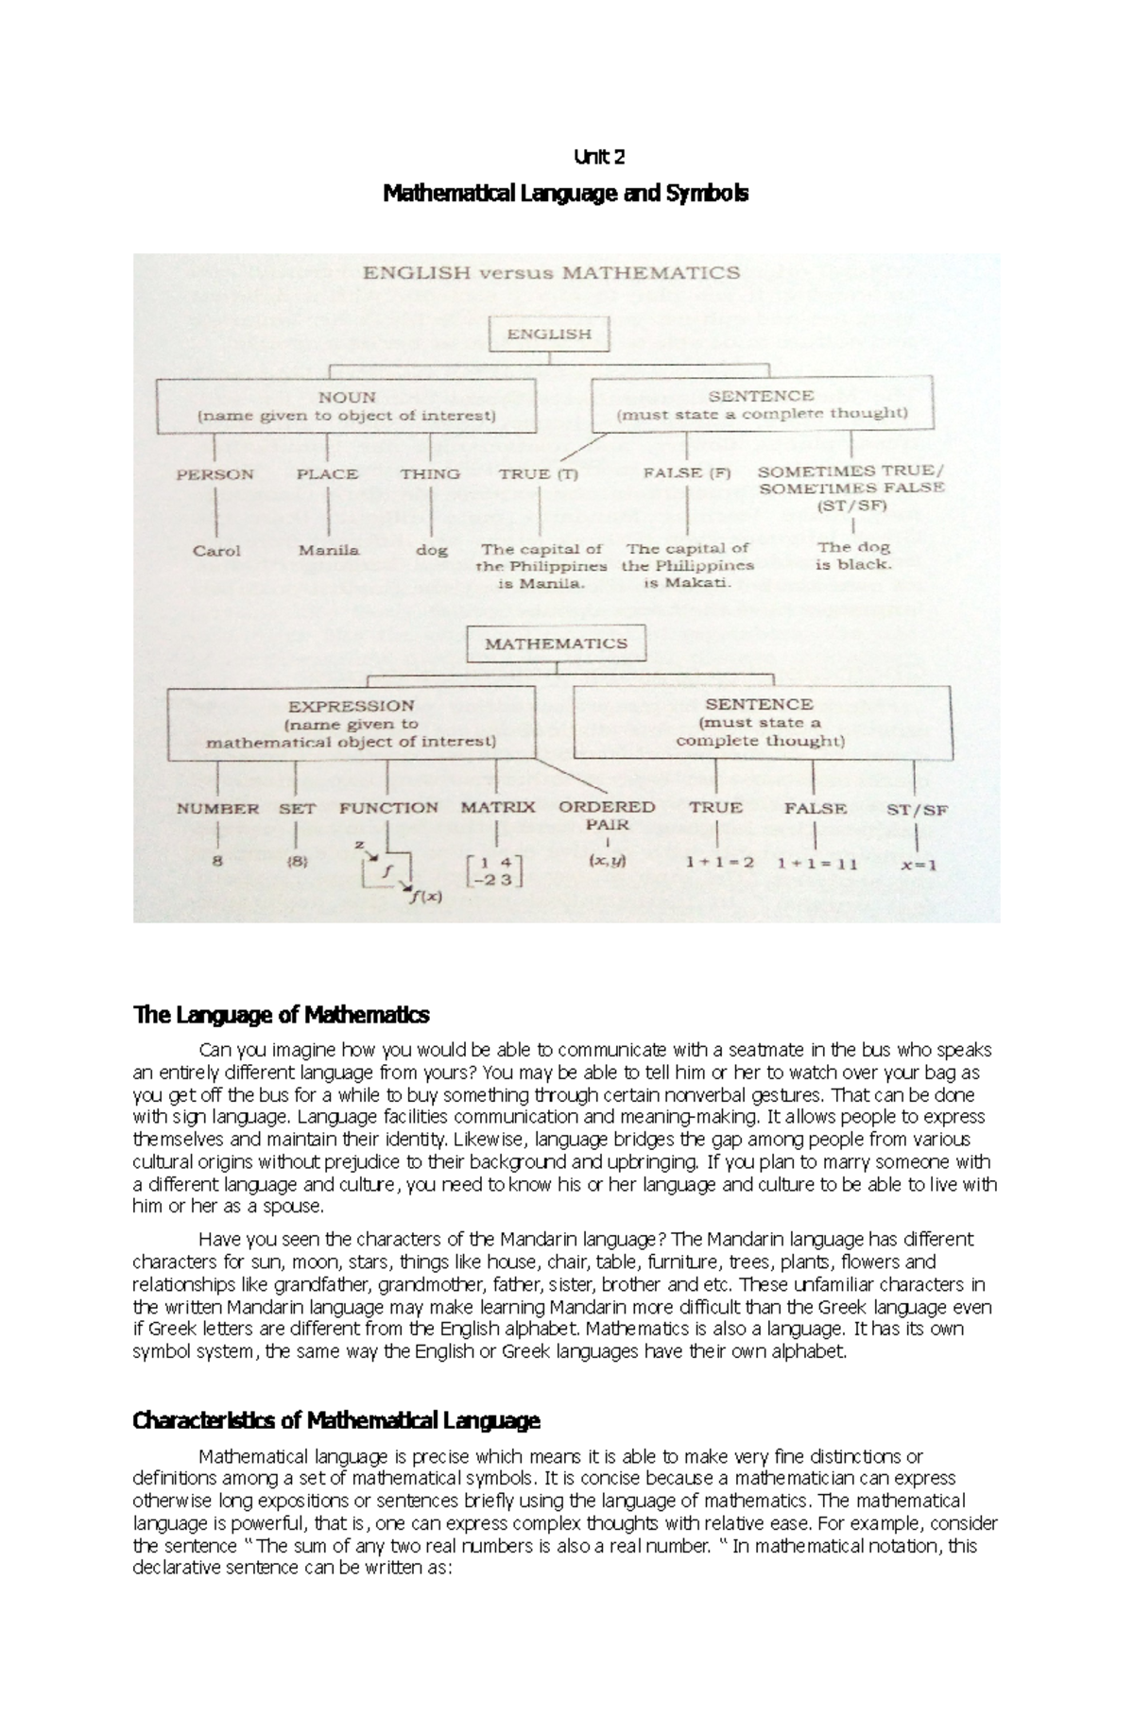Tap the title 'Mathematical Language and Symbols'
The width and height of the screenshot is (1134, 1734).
[x=565, y=194]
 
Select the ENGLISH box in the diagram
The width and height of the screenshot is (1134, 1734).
[x=549, y=334]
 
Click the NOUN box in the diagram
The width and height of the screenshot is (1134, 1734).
[x=346, y=405]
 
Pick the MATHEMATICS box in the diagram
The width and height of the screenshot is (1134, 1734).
[x=556, y=644]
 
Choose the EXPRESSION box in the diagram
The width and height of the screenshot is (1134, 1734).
[x=351, y=723]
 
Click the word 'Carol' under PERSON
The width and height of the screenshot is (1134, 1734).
[x=216, y=550]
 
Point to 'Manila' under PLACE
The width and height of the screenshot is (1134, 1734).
[x=329, y=550]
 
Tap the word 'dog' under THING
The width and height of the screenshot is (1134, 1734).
[x=431, y=550]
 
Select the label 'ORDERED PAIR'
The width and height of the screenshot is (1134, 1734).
[x=606, y=815]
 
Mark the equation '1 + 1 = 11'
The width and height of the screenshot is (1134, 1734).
[x=816, y=863]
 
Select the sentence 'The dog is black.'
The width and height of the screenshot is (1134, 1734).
[x=853, y=556]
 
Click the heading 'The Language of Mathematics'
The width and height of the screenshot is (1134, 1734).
[x=282, y=1015]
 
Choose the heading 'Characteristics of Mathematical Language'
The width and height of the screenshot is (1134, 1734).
[x=336, y=1420]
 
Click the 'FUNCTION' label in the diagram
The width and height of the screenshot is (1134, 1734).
[x=388, y=808]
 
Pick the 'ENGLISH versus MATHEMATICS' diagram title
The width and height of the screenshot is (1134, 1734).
[x=552, y=273]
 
